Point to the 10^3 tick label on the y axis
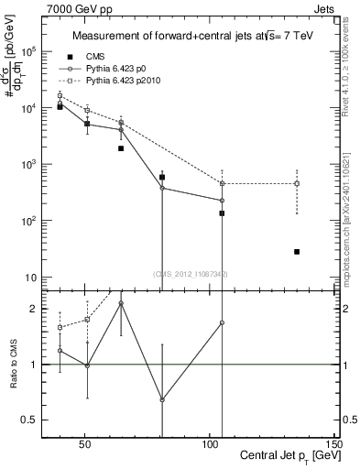click(x=38, y=164)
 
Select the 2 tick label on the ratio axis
click(x=42, y=309)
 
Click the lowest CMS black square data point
click(x=297, y=252)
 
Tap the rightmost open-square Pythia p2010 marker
click(x=297, y=183)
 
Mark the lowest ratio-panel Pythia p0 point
click(x=162, y=399)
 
